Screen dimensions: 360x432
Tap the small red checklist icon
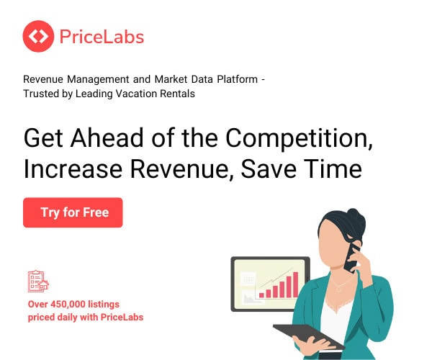[x=38, y=281]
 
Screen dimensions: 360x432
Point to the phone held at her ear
[x=353, y=256]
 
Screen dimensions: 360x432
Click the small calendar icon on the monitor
[x=248, y=279]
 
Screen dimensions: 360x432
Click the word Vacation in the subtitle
[x=127, y=94]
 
